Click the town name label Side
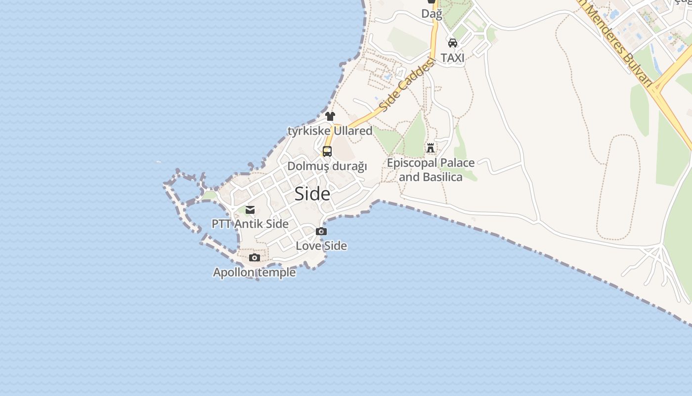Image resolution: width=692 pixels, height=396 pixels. [312, 194]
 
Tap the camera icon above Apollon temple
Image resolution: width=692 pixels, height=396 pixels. [255, 257]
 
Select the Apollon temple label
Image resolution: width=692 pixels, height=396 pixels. [254, 272]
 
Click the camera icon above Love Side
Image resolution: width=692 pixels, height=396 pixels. [321, 231]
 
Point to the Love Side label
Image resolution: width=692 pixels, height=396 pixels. [321, 246]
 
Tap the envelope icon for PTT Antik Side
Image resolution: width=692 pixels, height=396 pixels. [250, 209]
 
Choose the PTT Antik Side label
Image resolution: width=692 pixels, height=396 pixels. [250, 224]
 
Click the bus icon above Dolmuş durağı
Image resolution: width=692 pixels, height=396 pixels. [327, 151]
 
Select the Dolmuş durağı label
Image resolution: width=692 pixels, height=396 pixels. [327, 166]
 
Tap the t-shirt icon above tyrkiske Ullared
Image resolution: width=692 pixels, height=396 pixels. [330, 116]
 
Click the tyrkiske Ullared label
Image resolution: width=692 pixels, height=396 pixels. [330, 131]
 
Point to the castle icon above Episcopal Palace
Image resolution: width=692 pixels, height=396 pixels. [431, 148]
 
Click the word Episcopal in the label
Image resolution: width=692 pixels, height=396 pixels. [412, 163]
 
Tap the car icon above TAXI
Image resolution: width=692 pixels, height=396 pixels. [453, 43]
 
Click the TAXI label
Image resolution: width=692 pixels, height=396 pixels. [453, 58]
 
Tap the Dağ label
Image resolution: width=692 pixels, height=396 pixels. [432, 14]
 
